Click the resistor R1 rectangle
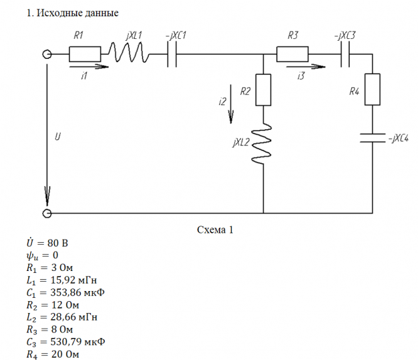pyautogui.click(x=84, y=55)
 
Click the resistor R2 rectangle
pyautogui.click(x=263, y=90)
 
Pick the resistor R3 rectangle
pyautogui.click(x=292, y=55)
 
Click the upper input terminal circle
pyautogui.click(x=47, y=55)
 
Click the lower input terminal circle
pyautogui.click(x=47, y=214)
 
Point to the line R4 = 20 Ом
pyautogui.click(x=53, y=354)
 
